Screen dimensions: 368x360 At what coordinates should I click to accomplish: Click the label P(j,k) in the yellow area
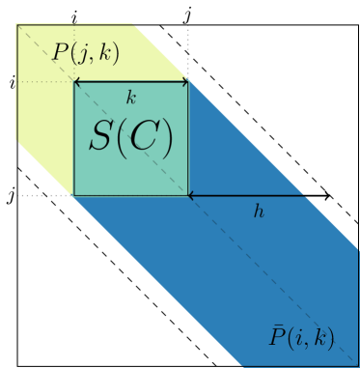85,53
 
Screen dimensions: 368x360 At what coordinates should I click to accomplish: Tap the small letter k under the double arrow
131,98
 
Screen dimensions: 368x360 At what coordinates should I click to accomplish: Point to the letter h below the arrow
259,211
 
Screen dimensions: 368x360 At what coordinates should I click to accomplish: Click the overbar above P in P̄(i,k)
276,325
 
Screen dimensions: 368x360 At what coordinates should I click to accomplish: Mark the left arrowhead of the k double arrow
77,83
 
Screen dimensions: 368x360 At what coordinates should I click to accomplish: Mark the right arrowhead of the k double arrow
185,83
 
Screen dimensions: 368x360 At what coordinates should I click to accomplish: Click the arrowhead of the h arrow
191,196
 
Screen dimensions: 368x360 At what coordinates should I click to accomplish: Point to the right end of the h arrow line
306,196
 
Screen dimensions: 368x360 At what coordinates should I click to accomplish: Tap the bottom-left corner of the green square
74,195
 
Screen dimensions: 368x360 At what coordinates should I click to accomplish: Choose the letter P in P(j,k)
60,53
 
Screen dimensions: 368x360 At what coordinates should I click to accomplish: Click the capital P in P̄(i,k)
276,337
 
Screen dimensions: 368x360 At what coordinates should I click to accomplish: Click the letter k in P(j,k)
102,53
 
